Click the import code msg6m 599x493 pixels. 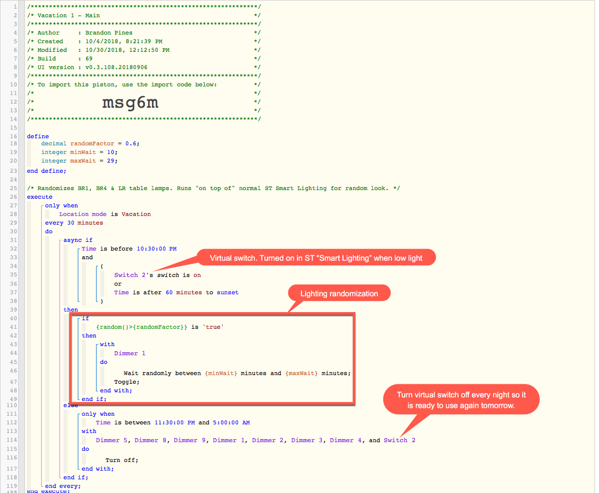(x=130, y=103)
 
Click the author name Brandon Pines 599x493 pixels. (x=109, y=33)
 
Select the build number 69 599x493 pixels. (x=89, y=59)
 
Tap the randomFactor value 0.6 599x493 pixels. (x=131, y=144)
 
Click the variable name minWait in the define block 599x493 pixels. (x=83, y=152)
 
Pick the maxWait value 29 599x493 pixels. (x=110, y=161)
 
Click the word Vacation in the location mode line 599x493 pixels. (x=136, y=214)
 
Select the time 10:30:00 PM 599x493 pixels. (x=157, y=249)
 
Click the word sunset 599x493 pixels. (x=228, y=293)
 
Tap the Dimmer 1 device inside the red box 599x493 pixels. (x=130, y=353)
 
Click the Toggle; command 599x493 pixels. (x=127, y=382)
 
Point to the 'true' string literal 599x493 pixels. (x=213, y=327)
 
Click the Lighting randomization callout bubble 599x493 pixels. (x=339, y=293)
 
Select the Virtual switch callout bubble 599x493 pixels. (x=316, y=258)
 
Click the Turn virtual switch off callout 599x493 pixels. (x=461, y=399)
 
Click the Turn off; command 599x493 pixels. (x=122, y=460)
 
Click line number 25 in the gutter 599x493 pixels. (x=13, y=188)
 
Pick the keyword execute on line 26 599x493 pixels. (x=40, y=197)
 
